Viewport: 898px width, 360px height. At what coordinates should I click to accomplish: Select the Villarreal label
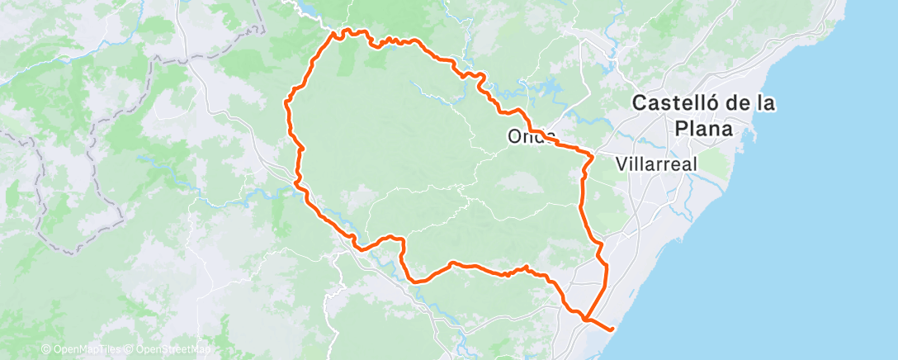[656, 163]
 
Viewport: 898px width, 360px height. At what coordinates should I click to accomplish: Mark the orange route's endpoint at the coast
[612, 329]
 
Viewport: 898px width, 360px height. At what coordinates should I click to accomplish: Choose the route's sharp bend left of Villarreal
[592, 155]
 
